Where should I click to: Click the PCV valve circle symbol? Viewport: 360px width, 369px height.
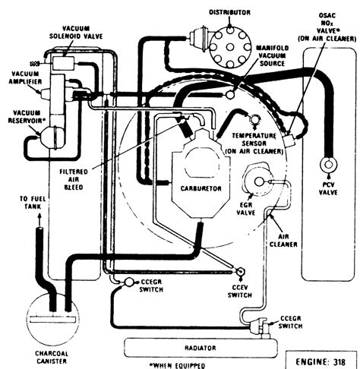(329, 165)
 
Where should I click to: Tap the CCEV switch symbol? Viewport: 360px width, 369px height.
(239, 272)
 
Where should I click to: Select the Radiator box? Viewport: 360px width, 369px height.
(201, 348)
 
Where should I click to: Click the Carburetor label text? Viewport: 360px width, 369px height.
(201, 188)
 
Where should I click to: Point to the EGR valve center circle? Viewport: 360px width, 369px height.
(259, 181)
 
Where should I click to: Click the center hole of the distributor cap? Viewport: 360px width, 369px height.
(230, 47)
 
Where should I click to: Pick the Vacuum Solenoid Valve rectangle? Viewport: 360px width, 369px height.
(63, 63)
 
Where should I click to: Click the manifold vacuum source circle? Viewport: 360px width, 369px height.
(231, 95)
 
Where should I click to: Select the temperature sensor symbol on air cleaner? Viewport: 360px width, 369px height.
(254, 119)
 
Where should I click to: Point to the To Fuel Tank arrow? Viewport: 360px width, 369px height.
(39, 219)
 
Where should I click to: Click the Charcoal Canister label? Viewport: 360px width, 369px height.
(52, 357)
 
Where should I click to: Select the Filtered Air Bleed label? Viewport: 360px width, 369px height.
(74, 179)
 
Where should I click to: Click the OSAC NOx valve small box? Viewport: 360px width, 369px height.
(289, 140)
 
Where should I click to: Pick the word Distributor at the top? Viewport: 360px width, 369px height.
(229, 12)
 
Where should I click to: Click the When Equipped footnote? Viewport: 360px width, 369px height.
(177, 365)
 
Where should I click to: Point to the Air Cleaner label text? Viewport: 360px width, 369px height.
(283, 241)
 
